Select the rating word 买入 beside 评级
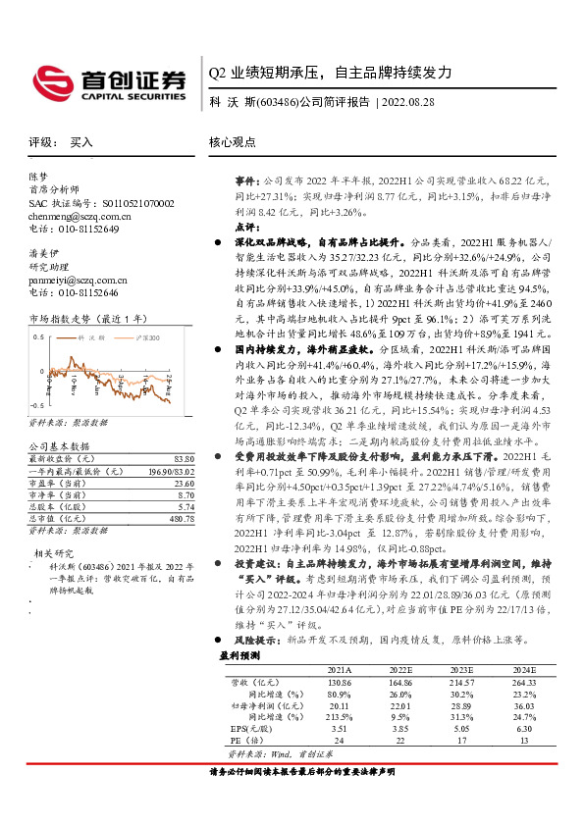81,142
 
